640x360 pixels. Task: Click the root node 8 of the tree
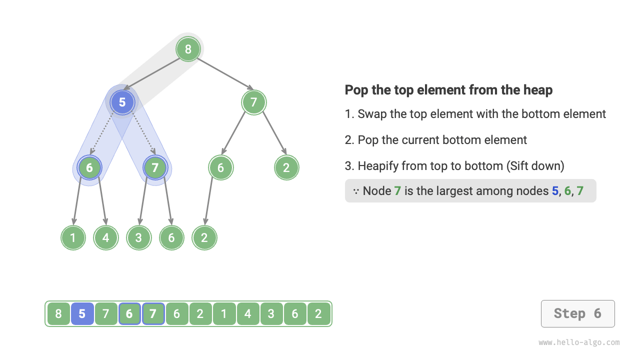coord(188,49)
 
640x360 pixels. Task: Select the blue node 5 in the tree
coord(122,102)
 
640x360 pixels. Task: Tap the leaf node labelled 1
coord(73,237)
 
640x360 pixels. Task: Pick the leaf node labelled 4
coord(106,237)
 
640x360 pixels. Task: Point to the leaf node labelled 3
coord(138,237)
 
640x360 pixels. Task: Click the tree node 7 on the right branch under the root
coord(253,102)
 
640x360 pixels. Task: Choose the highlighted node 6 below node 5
coord(89,167)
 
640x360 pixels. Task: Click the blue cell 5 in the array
coord(82,314)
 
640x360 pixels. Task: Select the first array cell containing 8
coord(58,314)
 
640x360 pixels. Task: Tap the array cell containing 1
coord(224,314)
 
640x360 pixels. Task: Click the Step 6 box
coord(577,313)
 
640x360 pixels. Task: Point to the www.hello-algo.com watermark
coord(579,342)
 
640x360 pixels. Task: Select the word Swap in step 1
coord(372,114)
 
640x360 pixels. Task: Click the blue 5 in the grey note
coord(555,191)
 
